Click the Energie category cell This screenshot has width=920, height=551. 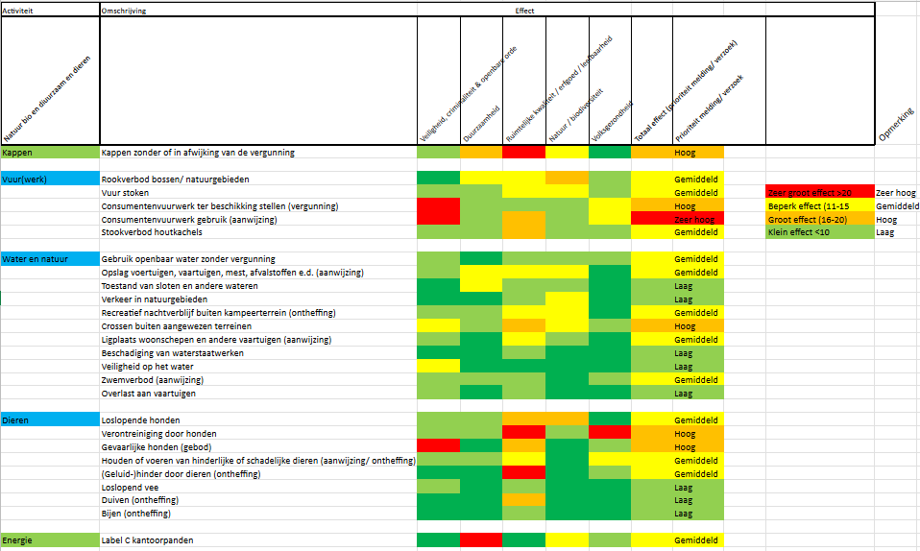[x=18, y=540]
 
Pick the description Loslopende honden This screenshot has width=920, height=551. [x=140, y=420]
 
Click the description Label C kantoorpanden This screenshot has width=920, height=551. [x=147, y=540]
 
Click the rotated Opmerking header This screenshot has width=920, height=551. [x=897, y=125]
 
